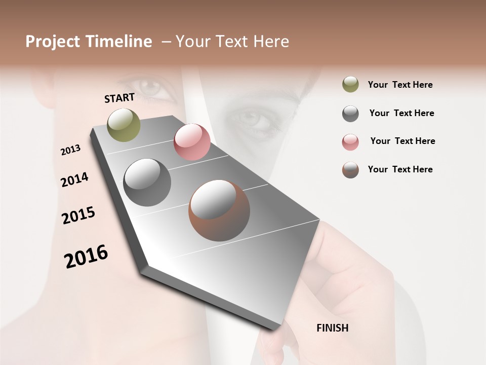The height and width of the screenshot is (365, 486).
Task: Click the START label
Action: [x=119, y=98]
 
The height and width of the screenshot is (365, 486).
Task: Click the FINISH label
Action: [x=332, y=328]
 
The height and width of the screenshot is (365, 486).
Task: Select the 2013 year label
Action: [x=70, y=150]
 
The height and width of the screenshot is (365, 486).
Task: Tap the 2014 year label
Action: [x=74, y=179]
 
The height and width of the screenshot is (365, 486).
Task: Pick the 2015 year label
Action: [x=78, y=215]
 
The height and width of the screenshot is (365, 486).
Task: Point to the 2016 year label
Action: [x=86, y=257]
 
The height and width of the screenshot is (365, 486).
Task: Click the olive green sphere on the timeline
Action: [x=124, y=125]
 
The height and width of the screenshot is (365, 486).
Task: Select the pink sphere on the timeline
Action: [x=192, y=142]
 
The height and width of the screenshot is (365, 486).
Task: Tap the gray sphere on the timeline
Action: [x=147, y=182]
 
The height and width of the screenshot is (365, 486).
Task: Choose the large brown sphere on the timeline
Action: [x=219, y=210]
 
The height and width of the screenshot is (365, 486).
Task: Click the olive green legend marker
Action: [x=350, y=84]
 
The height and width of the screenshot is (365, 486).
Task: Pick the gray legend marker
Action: [x=350, y=114]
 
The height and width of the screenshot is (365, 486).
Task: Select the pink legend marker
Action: [x=350, y=142]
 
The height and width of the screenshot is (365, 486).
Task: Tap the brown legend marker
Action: [x=350, y=170]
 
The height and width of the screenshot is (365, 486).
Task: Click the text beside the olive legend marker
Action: [x=400, y=85]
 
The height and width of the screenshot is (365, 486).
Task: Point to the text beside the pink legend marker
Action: [x=402, y=141]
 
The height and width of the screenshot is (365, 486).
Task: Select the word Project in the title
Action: [x=53, y=42]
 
